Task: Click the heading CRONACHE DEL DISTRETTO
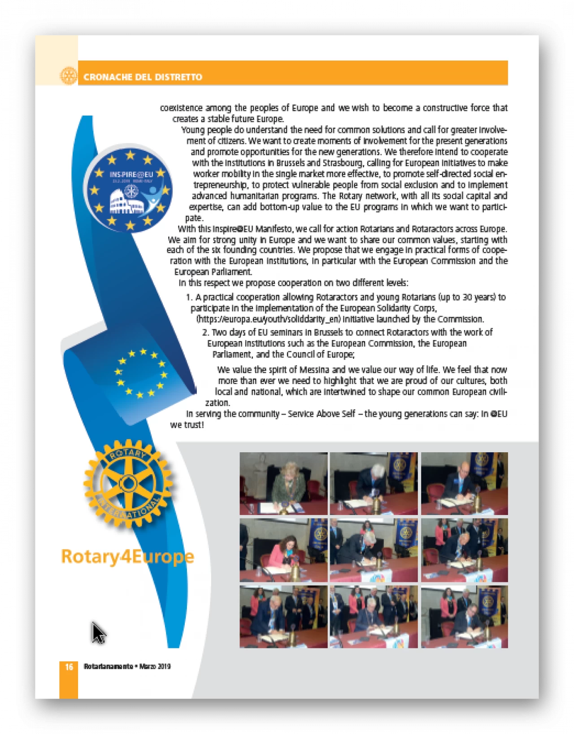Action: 143,77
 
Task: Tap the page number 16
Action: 69,667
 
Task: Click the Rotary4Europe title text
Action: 127,556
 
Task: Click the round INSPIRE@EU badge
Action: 130,189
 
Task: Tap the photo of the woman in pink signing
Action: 283,550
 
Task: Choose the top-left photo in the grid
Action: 283,483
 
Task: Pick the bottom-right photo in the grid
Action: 464,616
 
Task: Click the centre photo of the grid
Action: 374,550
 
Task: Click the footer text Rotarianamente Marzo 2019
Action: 127,667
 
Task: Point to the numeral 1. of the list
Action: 189,297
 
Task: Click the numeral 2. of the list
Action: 205,332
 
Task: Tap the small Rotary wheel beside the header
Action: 69,76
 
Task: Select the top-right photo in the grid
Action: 464,483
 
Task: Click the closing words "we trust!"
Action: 187,424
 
